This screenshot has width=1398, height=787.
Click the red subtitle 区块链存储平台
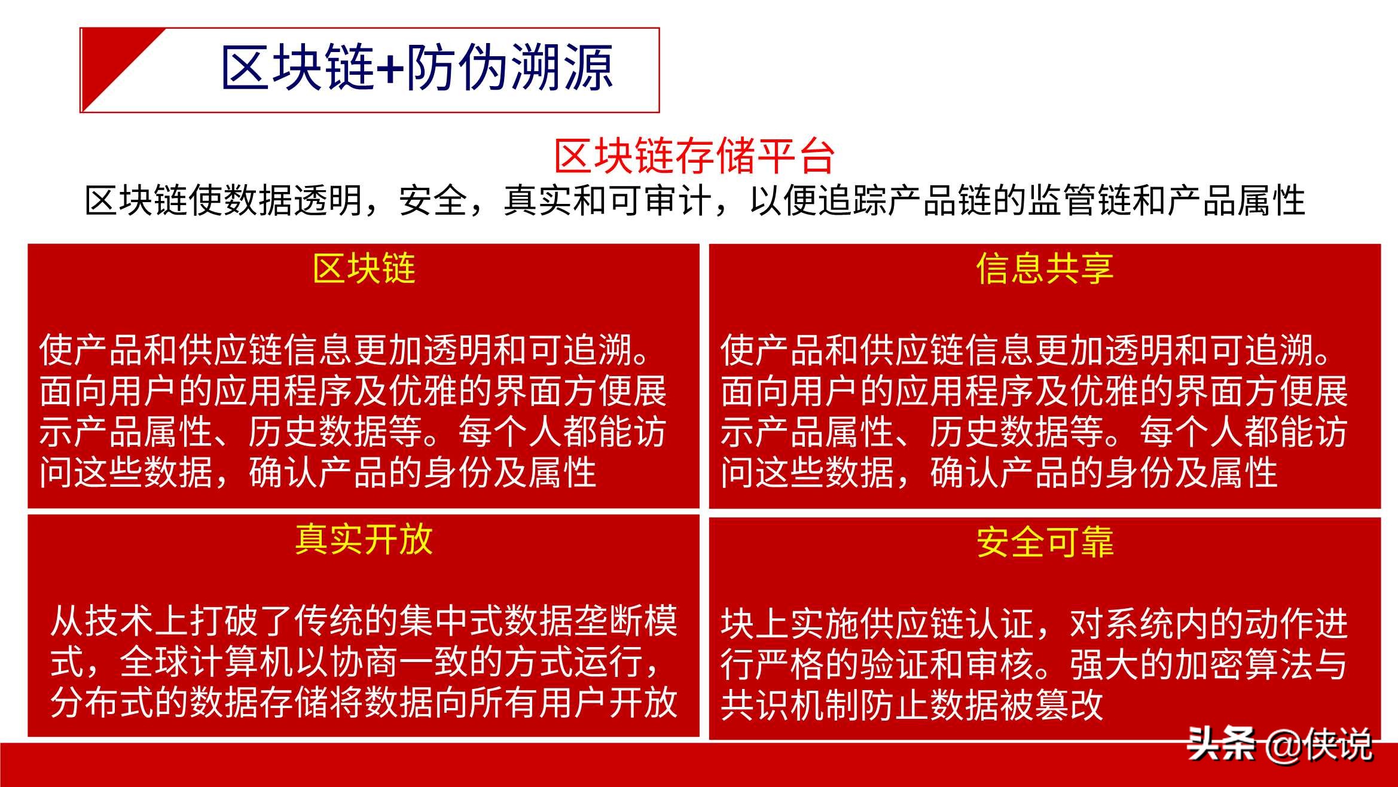click(x=694, y=156)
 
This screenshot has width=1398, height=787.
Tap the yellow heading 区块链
click(x=364, y=269)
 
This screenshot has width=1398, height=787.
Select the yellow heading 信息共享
click(x=1045, y=269)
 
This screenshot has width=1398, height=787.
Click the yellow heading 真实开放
click(x=364, y=539)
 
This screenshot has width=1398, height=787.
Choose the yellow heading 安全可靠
click(x=1045, y=542)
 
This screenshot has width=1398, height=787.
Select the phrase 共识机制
click(x=789, y=705)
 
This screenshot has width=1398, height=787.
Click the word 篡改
click(x=1069, y=705)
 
